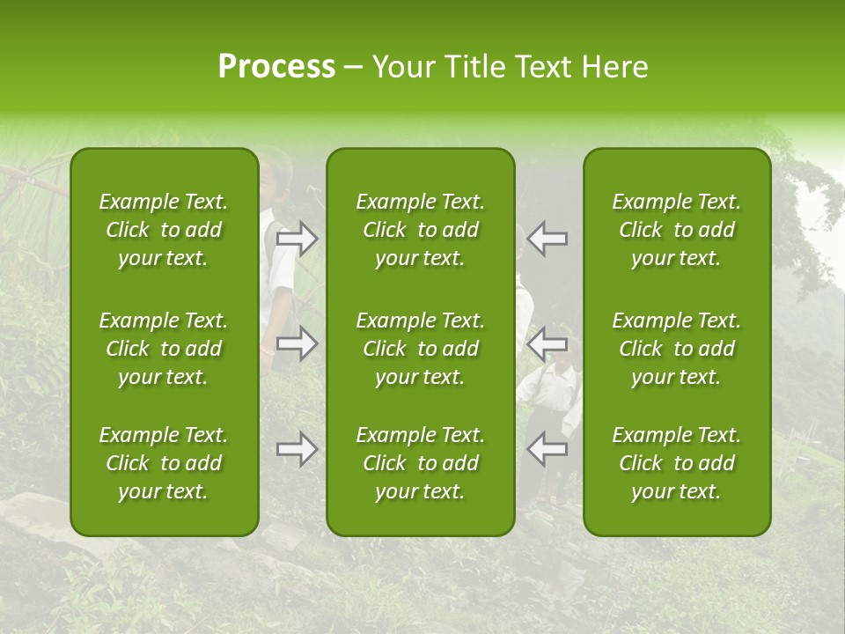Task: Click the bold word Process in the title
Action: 276,67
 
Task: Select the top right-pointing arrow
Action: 298,239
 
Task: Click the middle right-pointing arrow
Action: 298,343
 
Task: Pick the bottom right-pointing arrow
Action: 298,449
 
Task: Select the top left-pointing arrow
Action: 547,239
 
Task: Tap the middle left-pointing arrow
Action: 547,343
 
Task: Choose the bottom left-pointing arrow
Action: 547,449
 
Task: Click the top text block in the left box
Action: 164,230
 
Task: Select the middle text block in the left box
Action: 164,349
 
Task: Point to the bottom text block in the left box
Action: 164,463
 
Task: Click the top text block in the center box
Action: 421,230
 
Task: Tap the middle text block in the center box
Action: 421,349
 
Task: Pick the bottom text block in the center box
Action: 421,463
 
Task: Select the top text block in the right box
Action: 677,230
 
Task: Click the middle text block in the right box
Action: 677,349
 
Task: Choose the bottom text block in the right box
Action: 677,463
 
